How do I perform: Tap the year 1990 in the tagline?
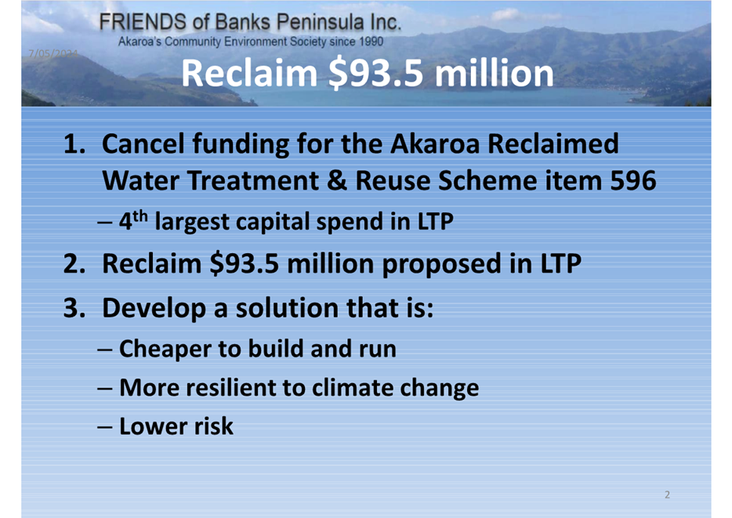point(371,42)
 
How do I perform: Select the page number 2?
point(667,494)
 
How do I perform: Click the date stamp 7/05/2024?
point(53,53)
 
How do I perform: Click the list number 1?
point(74,143)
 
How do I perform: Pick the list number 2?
point(74,263)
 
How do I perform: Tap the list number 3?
point(74,308)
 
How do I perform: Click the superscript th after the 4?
point(140,216)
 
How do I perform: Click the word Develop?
point(154,309)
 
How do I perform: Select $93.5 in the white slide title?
point(376,74)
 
